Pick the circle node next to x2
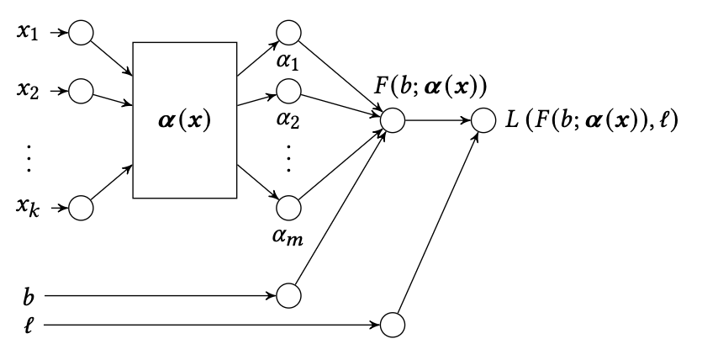click(x=81, y=90)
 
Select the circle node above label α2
click(x=288, y=90)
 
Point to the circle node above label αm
click(x=288, y=208)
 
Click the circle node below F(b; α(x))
click(x=393, y=120)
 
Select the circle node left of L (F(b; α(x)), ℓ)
click(x=485, y=120)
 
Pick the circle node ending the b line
click(x=288, y=296)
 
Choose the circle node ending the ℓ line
click(x=393, y=324)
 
